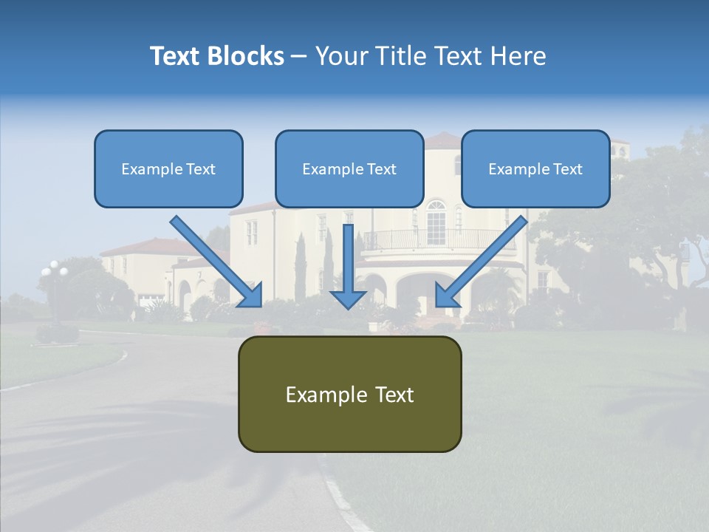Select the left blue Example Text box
coord(168,168)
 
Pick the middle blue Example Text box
coord(349,168)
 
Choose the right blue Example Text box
coord(535,168)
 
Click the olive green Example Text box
coord(349,394)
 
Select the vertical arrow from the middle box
coord(348,266)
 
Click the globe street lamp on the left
coord(54,271)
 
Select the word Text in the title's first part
coord(175,56)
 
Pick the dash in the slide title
coord(299,57)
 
